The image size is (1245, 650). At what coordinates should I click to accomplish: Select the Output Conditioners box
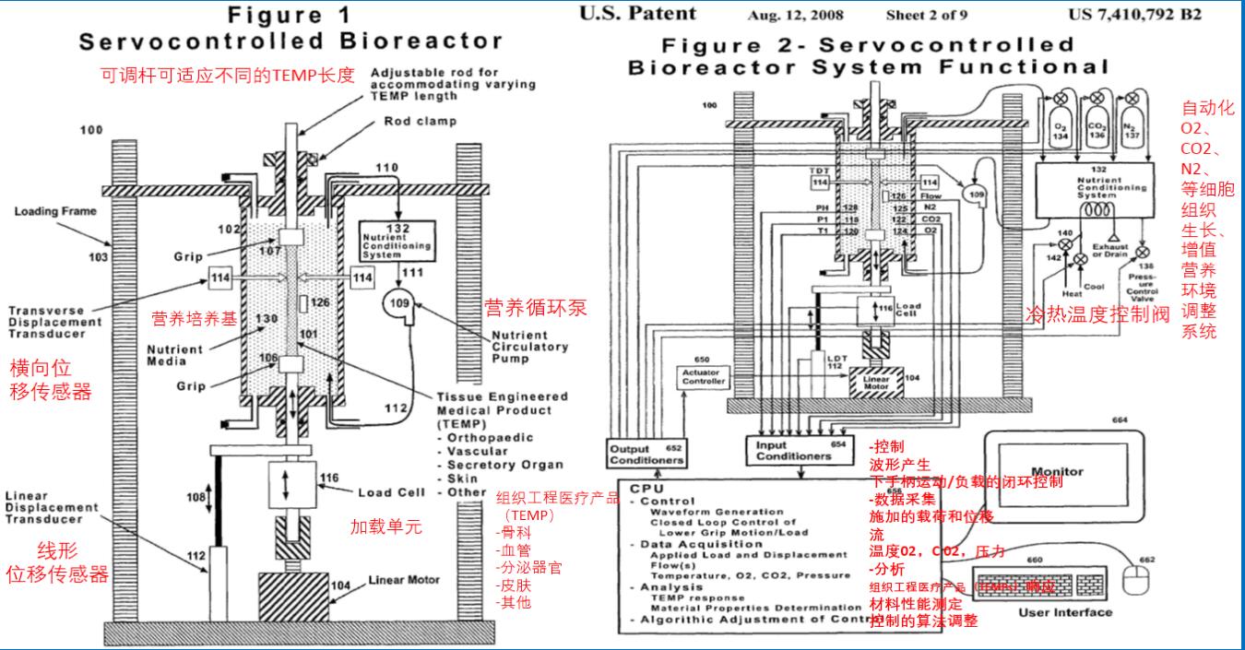[x=646, y=454]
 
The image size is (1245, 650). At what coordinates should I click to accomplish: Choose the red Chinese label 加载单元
[x=385, y=526]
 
